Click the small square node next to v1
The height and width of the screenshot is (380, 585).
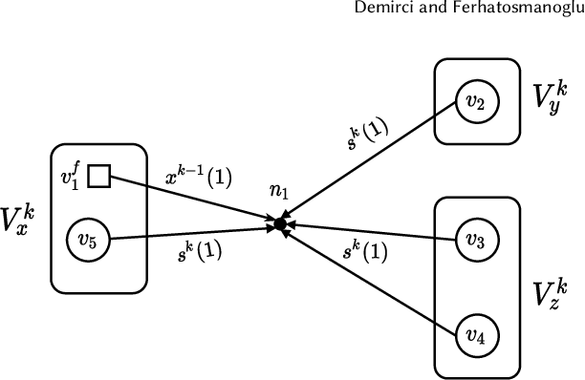pyautogui.click(x=99, y=176)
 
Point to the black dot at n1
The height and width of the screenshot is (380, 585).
pyautogui.click(x=279, y=225)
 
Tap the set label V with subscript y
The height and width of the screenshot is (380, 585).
pyautogui.click(x=551, y=95)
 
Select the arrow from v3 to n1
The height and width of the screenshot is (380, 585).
pyautogui.click(x=373, y=232)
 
